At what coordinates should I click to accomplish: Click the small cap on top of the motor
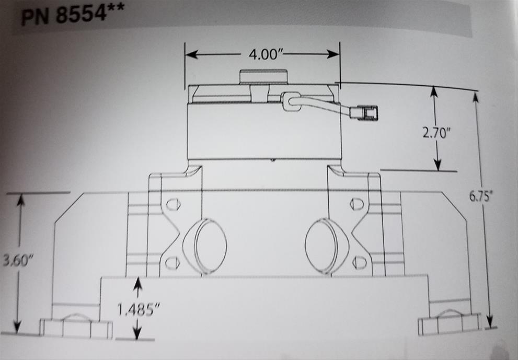tap(264, 77)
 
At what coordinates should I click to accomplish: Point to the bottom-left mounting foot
tap(76, 327)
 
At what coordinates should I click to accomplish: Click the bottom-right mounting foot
tap(450, 324)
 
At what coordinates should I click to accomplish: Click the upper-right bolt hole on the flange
tap(356, 203)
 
